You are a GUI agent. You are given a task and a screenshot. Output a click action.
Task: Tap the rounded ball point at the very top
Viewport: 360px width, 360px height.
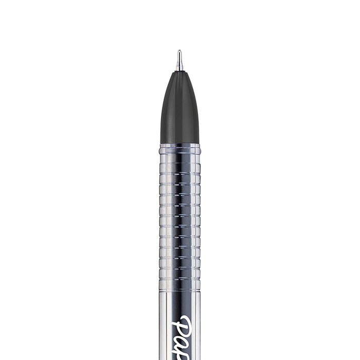[x=179, y=51]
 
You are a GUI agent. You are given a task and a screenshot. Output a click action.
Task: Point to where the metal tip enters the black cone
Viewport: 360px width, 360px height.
[x=179, y=70]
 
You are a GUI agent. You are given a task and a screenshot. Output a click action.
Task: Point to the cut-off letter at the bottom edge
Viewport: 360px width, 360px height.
[x=192, y=356]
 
